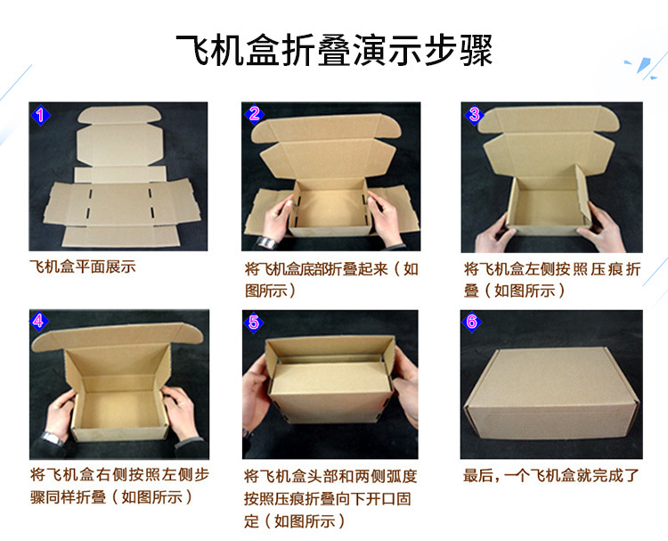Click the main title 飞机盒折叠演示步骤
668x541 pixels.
[x=334, y=51]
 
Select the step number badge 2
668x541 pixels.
[x=254, y=114]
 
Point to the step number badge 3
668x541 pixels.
[x=473, y=114]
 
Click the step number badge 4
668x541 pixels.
[x=39, y=322]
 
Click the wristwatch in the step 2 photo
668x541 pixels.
[x=265, y=242]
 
